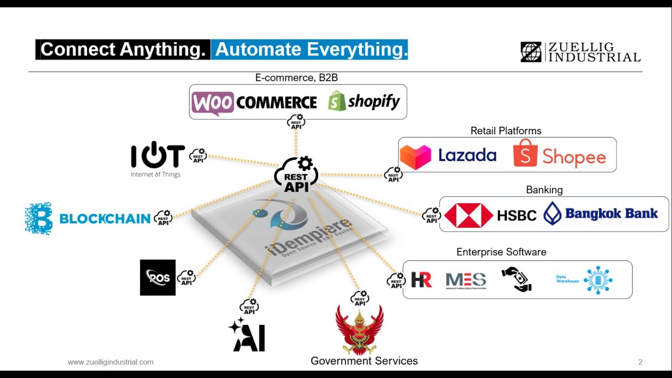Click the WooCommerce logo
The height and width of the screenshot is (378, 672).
tap(254, 102)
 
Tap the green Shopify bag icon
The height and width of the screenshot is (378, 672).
tap(337, 101)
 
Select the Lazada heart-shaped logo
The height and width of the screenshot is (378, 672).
tap(415, 156)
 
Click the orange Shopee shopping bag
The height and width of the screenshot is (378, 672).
tap(525, 153)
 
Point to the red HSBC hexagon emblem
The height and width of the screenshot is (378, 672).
tap(468, 215)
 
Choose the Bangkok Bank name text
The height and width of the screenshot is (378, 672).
tap(611, 213)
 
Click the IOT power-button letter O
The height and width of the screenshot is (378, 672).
tap(157, 155)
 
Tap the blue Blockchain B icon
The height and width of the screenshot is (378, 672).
tap(38, 218)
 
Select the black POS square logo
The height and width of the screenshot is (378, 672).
tap(157, 278)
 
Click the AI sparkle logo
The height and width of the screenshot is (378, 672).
tap(247, 334)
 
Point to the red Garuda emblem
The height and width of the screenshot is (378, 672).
tap(360, 330)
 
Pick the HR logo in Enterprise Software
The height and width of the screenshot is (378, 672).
tap(421, 280)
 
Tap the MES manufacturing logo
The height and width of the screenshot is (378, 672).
tap(466, 280)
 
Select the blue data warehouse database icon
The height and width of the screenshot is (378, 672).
tap(597, 280)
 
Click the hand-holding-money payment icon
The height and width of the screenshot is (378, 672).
tap(516, 279)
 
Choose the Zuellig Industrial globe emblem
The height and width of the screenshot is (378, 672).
tap(531, 52)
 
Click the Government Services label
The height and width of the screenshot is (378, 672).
tap(364, 361)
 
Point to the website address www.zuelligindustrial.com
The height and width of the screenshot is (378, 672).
tap(111, 362)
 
